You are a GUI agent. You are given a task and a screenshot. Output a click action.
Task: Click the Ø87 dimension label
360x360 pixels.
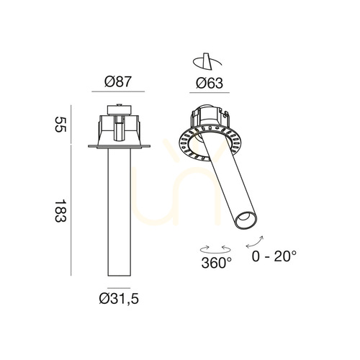tap(118, 81)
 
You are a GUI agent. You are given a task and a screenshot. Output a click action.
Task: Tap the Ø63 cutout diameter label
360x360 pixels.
tap(210, 83)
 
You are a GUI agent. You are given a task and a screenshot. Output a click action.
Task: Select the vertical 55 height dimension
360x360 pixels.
tap(60, 124)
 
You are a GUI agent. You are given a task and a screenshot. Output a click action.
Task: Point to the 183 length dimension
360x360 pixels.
tap(60, 211)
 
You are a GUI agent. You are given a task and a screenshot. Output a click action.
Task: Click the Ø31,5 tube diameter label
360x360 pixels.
tap(119, 299)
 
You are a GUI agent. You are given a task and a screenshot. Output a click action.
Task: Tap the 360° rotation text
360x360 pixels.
tap(217, 263)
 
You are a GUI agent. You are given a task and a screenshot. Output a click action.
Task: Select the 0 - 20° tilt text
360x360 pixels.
tap(274, 256)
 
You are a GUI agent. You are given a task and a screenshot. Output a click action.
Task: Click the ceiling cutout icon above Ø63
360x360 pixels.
tap(207, 62)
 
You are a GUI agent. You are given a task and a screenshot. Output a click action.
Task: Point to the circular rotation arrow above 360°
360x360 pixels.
tap(215, 250)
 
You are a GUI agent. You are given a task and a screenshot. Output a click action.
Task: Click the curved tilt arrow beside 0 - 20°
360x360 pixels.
tap(254, 242)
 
